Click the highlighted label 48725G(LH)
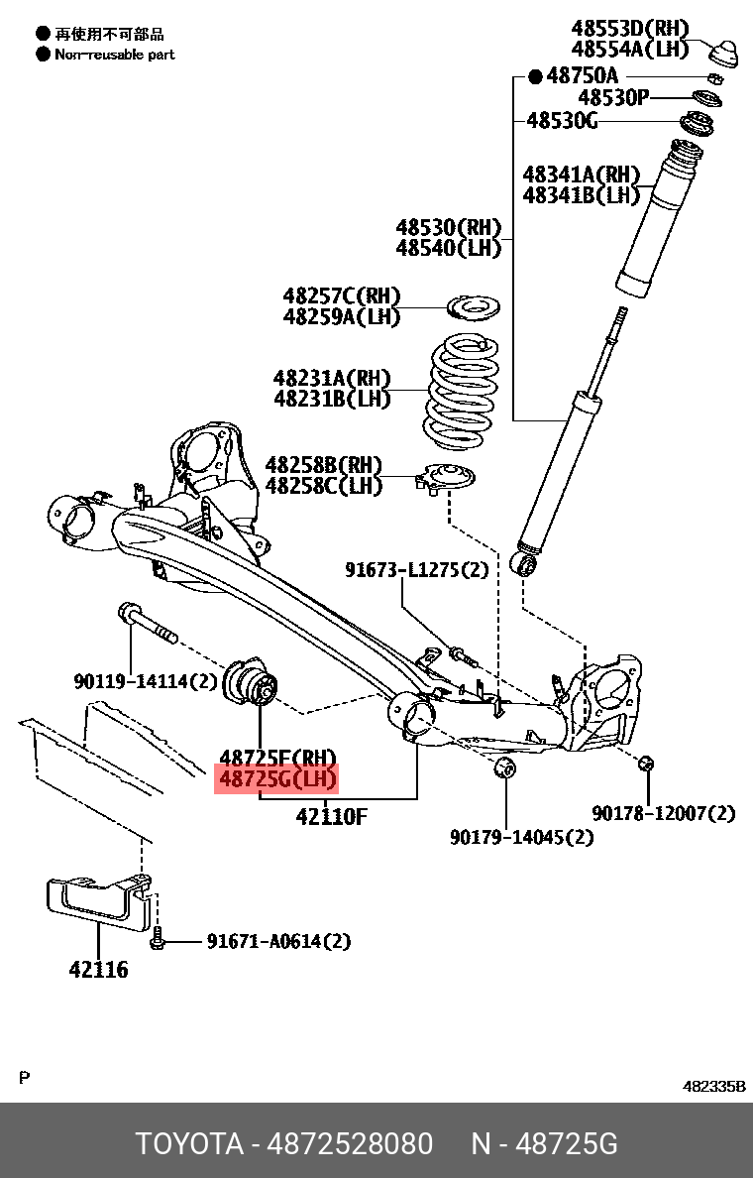click(277, 780)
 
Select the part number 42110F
click(331, 817)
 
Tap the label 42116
click(98, 970)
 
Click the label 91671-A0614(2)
click(278, 941)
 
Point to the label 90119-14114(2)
click(145, 681)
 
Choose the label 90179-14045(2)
click(521, 837)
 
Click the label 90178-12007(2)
click(664, 813)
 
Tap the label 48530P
click(613, 97)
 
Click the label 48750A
click(582, 75)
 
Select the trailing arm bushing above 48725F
click(254, 683)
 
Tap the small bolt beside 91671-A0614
click(158, 941)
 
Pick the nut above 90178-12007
click(645, 763)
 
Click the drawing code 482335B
click(713, 1086)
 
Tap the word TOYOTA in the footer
click(189, 1144)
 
